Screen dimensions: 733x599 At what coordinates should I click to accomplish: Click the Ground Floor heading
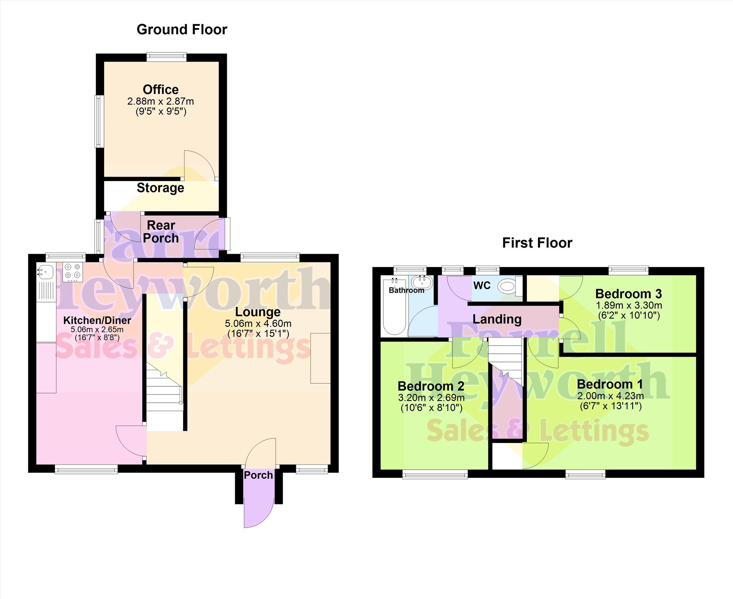[x=182, y=30]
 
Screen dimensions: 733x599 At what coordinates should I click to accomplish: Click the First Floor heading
[x=537, y=243]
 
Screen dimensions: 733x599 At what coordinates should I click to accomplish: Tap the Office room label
[x=161, y=90]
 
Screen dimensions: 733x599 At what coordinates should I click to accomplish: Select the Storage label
[x=161, y=188]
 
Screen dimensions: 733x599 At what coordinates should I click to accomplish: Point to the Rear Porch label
[x=161, y=232]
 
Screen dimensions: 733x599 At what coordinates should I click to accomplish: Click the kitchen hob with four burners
[x=73, y=271]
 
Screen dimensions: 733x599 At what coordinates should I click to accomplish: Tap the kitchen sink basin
[x=45, y=272]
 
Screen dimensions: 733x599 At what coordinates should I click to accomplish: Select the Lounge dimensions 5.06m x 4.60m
[x=258, y=324]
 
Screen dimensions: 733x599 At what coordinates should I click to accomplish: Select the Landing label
[x=496, y=319]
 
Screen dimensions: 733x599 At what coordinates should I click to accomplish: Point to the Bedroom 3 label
[x=628, y=294]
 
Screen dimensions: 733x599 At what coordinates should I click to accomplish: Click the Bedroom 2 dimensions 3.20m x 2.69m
[x=431, y=398]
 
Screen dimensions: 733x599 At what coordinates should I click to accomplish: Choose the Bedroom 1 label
[x=610, y=384]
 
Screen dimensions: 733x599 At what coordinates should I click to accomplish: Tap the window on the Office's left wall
[x=99, y=121]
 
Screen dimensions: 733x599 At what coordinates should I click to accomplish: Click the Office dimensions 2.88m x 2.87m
[x=161, y=102]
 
